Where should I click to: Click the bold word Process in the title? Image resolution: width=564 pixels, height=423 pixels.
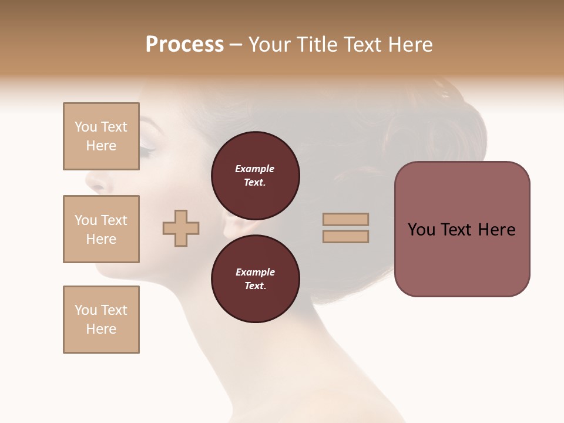[x=184, y=45]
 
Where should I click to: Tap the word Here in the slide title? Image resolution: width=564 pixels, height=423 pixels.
[x=409, y=45]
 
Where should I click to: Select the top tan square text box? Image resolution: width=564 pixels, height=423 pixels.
[x=101, y=136]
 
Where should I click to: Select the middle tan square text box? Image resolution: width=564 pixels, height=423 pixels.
[x=101, y=229]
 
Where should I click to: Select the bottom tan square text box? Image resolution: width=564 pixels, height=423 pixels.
[x=101, y=320]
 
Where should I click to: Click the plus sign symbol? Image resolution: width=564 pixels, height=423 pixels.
[x=181, y=228]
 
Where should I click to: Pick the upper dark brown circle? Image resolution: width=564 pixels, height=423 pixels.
[x=256, y=176]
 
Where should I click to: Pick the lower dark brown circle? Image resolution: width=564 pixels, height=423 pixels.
[x=256, y=279]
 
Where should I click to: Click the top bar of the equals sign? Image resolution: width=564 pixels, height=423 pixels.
[x=345, y=220]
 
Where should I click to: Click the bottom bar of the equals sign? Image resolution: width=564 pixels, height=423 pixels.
[x=345, y=236]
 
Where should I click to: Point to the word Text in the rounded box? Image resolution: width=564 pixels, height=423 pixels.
[x=461, y=230]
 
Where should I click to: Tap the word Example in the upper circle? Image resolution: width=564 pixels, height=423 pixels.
[x=254, y=169]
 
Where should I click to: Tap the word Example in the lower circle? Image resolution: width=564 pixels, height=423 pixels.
[x=255, y=272]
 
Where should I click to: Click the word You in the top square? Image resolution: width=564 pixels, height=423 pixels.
[x=86, y=127]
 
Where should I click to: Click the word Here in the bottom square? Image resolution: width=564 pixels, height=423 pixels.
[x=101, y=329]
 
